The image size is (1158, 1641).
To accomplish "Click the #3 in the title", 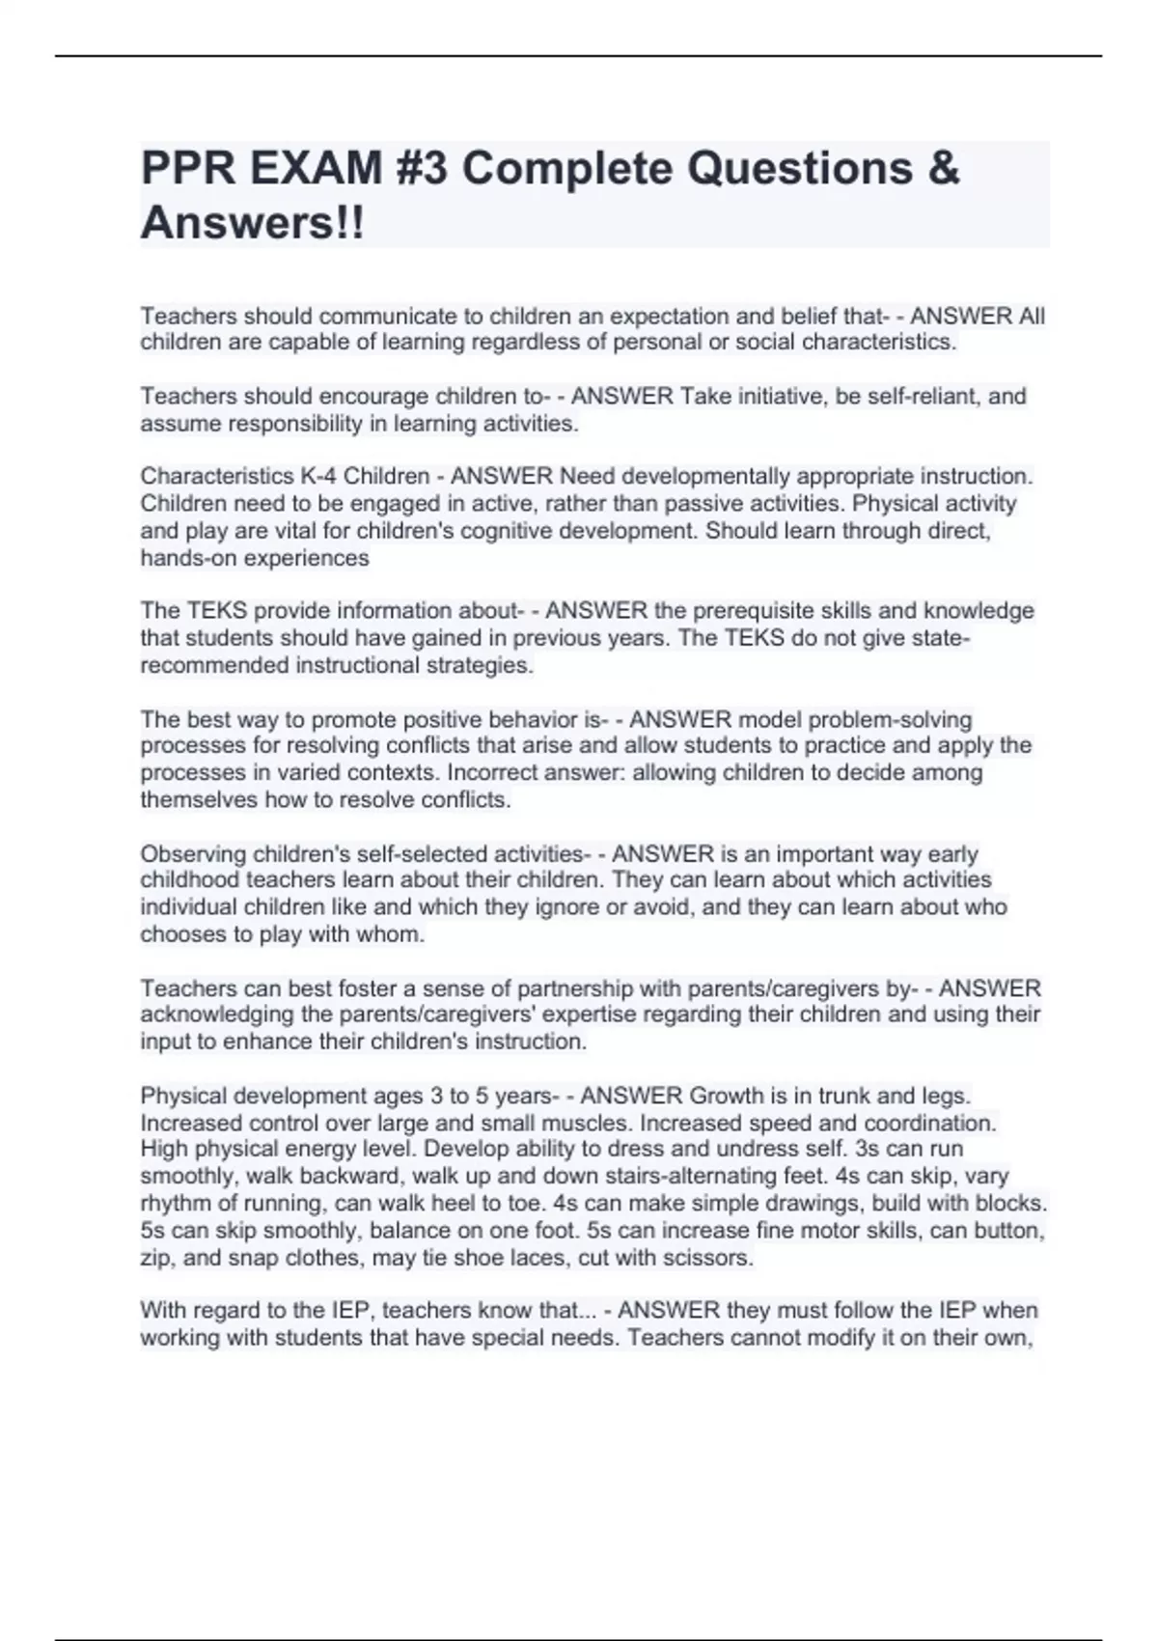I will (x=422, y=169).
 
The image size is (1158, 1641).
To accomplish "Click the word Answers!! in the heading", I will (x=253, y=224).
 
